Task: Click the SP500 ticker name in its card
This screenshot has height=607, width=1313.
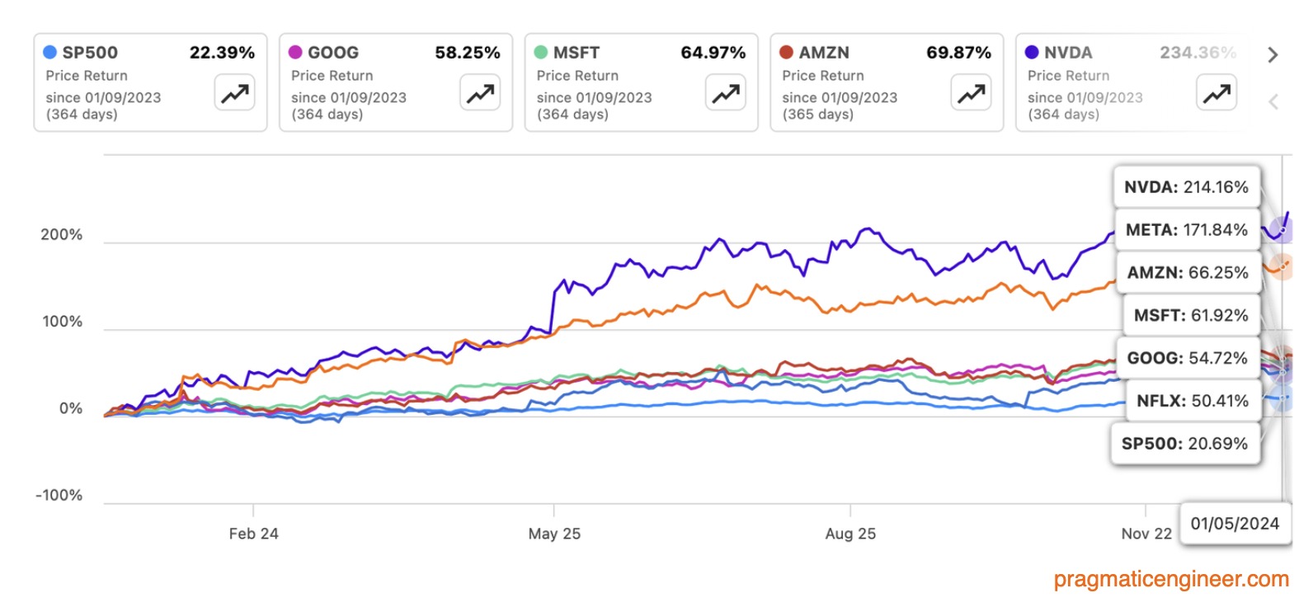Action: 90,53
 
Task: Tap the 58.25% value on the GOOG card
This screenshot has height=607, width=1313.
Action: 467,53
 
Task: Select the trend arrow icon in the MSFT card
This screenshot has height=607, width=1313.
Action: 726,92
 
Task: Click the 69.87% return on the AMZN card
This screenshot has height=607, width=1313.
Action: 958,53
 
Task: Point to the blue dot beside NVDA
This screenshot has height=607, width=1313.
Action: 1032,53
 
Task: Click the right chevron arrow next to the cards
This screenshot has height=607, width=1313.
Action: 1273,55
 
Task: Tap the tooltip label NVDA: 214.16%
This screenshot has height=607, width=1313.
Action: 1186,187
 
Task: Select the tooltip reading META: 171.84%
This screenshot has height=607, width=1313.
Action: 1186,230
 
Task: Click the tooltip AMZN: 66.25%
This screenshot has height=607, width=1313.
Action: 1188,273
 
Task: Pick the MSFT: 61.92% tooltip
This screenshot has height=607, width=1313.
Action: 1191,316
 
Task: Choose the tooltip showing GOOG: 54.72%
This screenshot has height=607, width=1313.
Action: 1187,359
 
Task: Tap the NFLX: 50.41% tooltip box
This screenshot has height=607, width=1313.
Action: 1192,402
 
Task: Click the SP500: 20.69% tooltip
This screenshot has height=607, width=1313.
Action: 1184,444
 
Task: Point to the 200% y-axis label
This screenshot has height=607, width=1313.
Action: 62,235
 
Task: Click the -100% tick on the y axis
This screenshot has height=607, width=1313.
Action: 59,496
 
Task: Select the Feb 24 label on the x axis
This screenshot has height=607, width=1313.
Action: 253,534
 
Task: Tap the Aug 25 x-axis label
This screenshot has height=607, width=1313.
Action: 850,534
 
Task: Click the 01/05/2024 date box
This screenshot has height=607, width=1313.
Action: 1235,524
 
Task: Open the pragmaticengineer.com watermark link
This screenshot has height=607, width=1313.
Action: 1171,579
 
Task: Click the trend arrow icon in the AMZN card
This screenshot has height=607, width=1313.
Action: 971,92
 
